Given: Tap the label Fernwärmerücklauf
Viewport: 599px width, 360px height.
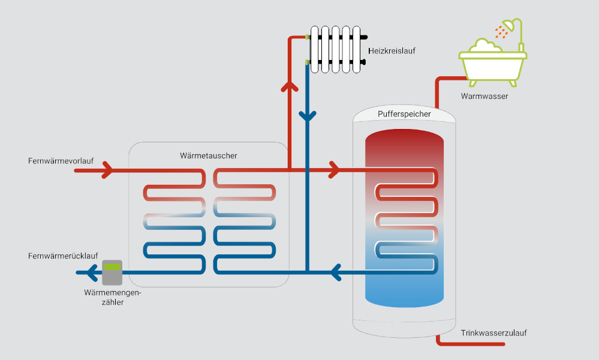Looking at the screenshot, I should pyautogui.click(x=63, y=256).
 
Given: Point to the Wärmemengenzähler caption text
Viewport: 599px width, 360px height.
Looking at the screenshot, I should pyautogui.click(x=113, y=298).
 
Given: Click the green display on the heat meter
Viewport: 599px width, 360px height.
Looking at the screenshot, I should pyautogui.click(x=112, y=266).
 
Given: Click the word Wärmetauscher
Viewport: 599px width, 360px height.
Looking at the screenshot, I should pyautogui.click(x=209, y=155).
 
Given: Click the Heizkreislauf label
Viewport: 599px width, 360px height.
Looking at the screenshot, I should pyautogui.click(x=392, y=51).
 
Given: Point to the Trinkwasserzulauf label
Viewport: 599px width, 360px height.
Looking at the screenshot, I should pyautogui.click(x=494, y=333).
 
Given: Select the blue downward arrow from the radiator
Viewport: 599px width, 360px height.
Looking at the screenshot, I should pyautogui.click(x=307, y=116).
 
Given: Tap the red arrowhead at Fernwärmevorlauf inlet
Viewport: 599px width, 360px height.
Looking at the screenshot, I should pyautogui.click(x=107, y=171).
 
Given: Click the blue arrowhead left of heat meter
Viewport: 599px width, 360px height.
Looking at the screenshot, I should pyautogui.click(x=91, y=274).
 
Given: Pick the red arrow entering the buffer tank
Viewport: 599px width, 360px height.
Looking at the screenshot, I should pyautogui.click(x=333, y=171).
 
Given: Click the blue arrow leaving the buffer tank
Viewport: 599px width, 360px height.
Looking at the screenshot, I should pyautogui.click(x=336, y=273).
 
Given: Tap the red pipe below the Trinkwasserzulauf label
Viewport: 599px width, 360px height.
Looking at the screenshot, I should pyautogui.click(x=474, y=344).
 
